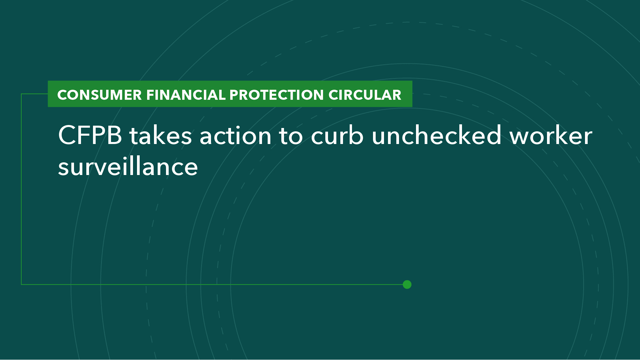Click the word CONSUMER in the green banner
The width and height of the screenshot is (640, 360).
pos(99,95)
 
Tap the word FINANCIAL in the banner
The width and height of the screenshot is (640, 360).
pos(186,95)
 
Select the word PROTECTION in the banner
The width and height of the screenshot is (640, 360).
pos(276,95)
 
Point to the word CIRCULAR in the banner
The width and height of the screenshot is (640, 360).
pos(365,95)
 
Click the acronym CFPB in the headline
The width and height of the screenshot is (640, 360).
pos(90,136)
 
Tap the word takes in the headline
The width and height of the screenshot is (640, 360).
pos(161,136)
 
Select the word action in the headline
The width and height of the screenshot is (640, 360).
pos(235,136)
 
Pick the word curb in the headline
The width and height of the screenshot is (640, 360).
pos(337,136)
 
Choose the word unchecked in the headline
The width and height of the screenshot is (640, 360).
pos(436,136)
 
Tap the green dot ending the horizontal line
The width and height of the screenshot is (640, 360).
pos(407,284)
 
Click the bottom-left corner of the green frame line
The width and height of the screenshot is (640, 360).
pos(21,284)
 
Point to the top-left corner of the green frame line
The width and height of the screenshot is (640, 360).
pos(21,94)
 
